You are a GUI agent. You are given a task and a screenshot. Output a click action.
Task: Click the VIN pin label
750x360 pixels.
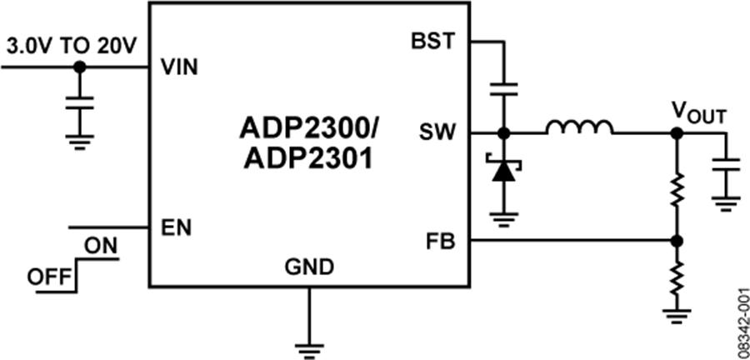(179, 67)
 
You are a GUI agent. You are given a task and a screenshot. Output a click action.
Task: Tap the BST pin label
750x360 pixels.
(433, 40)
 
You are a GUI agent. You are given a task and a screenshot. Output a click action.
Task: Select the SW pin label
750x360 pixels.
(437, 132)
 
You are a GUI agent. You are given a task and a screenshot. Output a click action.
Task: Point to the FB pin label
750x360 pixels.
(440, 242)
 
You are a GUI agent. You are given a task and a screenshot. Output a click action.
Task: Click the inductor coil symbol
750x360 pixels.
(580, 127)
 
